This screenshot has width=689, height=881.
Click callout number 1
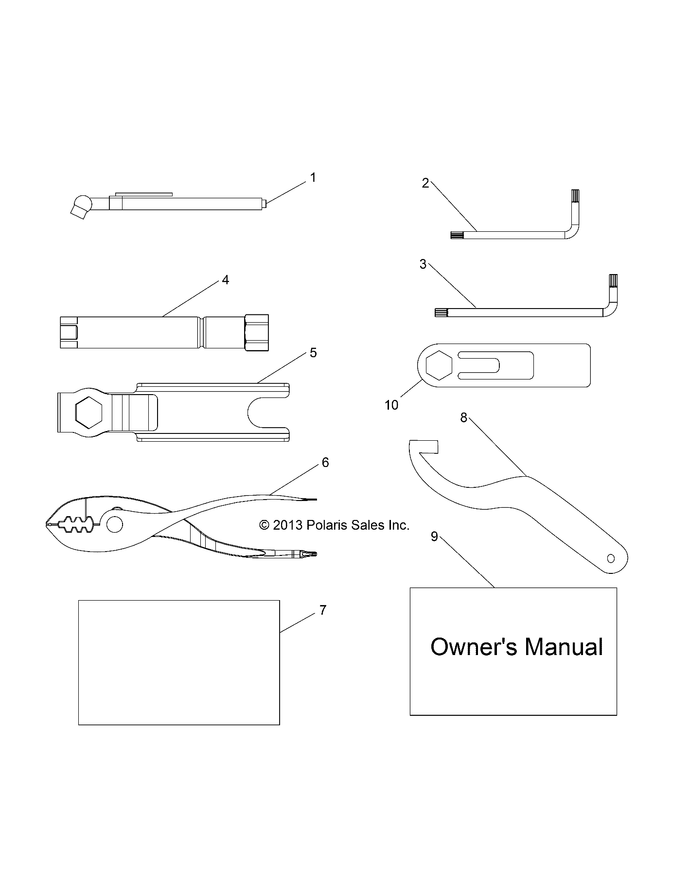313,178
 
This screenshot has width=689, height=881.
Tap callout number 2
425,184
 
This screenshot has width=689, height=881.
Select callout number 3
423,264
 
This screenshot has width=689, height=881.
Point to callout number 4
225,280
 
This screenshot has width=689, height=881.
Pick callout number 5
313,353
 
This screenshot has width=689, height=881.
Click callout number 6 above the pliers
325,463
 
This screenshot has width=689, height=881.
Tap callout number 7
323,610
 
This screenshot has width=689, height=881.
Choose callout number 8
463,417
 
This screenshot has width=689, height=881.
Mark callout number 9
435,536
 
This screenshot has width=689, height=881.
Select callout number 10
391,405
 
